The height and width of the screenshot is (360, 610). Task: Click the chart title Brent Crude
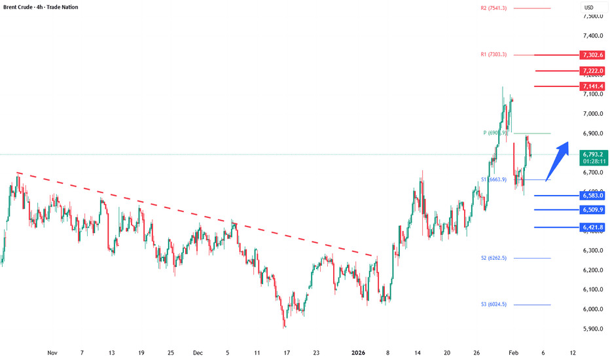(20, 7)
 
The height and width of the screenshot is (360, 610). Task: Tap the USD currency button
(588, 8)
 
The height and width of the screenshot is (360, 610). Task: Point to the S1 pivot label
(493, 179)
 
